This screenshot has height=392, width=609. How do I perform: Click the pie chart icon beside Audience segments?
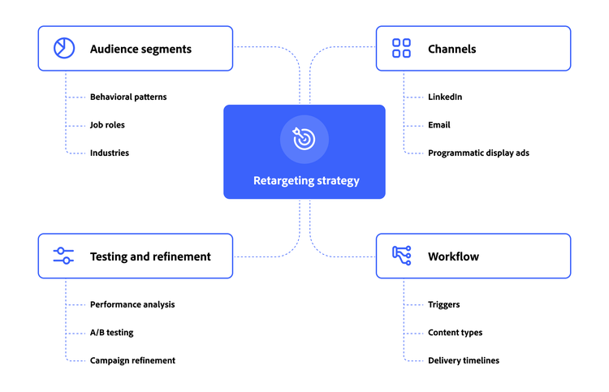(63, 49)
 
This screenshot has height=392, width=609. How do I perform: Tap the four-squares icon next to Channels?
(401, 49)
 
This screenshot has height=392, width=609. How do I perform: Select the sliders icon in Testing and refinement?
(63, 256)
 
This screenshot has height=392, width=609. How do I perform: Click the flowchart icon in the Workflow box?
(401, 256)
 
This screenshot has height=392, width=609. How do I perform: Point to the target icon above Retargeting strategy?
(304, 139)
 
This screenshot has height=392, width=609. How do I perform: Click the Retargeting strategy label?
(304, 181)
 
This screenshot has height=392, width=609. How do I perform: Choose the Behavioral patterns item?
(128, 97)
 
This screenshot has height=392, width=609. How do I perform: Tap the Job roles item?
(107, 125)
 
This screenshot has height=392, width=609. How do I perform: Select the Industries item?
(110, 153)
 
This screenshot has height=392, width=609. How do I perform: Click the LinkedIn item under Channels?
(445, 97)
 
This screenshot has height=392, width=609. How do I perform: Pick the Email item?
(439, 125)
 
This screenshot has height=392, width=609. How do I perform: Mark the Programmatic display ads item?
(478, 153)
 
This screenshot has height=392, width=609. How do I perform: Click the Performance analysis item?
(132, 305)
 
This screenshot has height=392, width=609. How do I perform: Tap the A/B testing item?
(112, 333)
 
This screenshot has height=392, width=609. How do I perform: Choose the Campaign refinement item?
(132, 360)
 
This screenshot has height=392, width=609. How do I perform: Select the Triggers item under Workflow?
(444, 305)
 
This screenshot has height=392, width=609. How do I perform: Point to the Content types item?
(455, 333)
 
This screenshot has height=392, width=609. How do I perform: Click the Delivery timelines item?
(464, 360)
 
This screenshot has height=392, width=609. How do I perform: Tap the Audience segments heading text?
(140, 49)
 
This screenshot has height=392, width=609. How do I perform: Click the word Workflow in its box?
(453, 256)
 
